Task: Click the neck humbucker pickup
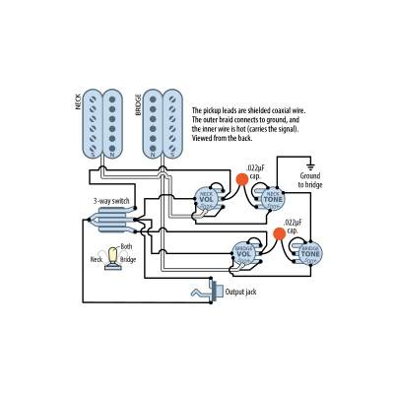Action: point(108,126)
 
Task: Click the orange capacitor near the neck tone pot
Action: point(240,179)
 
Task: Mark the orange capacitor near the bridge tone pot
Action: point(279,234)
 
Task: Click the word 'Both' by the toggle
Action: point(126,246)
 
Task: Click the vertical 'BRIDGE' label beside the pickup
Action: point(136,105)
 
